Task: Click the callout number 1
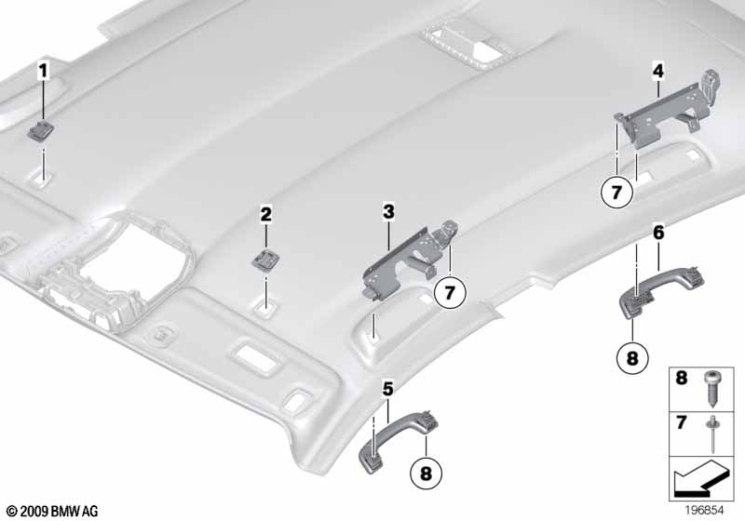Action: [42, 70]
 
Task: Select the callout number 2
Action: [265, 215]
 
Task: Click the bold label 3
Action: [388, 213]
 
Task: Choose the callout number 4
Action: [657, 70]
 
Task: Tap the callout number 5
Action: [386, 388]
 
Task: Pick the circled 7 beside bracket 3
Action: [448, 293]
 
